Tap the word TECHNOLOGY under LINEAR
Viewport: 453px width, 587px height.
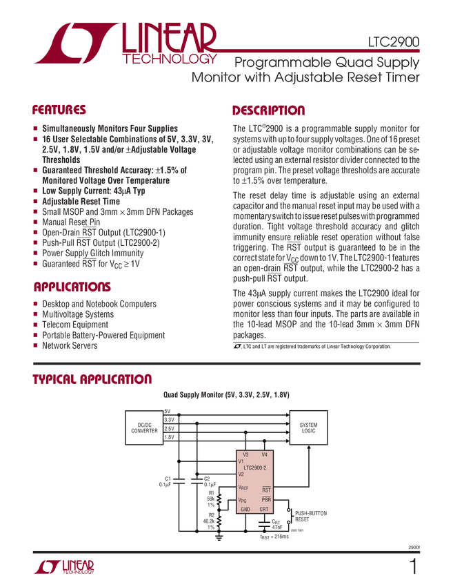pos(170,59)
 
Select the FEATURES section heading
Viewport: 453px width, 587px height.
pos(59,110)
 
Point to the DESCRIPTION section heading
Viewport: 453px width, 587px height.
pos(269,110)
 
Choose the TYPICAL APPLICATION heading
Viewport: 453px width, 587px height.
pos(91,378)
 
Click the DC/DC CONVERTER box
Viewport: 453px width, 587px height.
pos(145,428)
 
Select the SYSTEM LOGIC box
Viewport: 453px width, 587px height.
pos(308,427)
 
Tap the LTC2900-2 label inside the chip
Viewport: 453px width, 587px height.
pos(255,467)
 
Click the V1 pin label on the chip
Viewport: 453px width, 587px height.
pos(241,461)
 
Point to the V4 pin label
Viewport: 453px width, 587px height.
pos(264,455)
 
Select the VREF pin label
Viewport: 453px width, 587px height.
pos(243,488)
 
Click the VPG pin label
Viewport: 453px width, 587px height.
pos(242,499)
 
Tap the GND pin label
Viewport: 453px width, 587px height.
pos(245,510)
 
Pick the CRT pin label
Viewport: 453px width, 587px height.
pos(264,510)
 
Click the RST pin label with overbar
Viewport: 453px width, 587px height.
pos(266,489)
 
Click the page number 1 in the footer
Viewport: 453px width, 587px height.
pos(413,568)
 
